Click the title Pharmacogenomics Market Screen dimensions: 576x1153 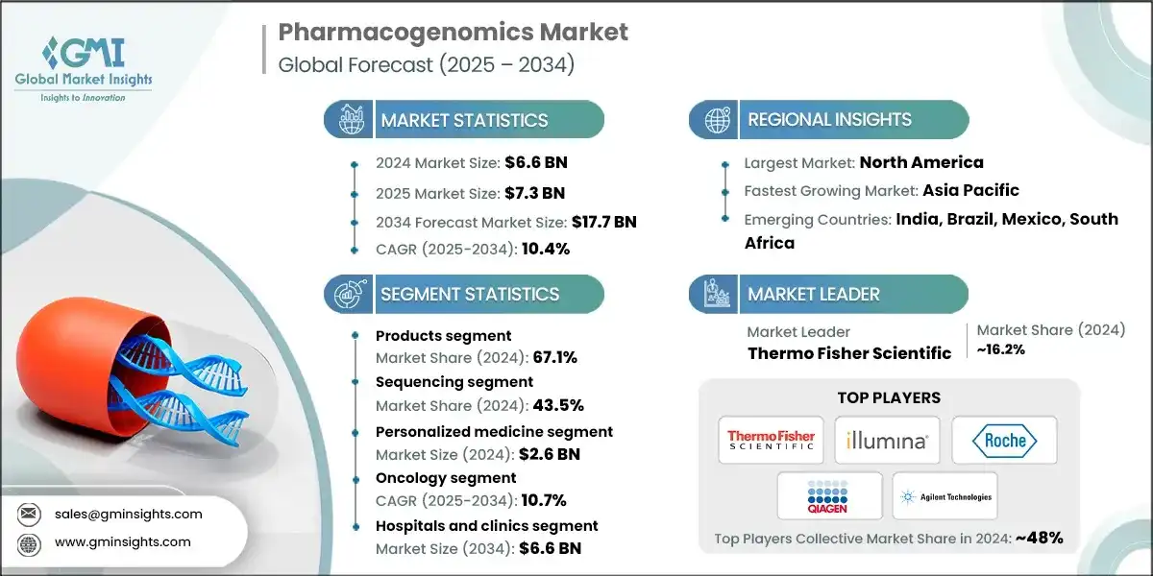point(453,33)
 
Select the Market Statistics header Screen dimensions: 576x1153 point(464,120)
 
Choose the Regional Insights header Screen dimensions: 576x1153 point(829,120)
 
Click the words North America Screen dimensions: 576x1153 point(920,162)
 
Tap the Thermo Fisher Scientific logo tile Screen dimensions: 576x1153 point(771,441)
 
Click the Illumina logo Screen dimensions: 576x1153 point(887,441)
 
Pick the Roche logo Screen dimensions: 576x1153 point(1004,441)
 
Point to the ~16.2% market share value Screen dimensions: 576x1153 point(1000,350)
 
